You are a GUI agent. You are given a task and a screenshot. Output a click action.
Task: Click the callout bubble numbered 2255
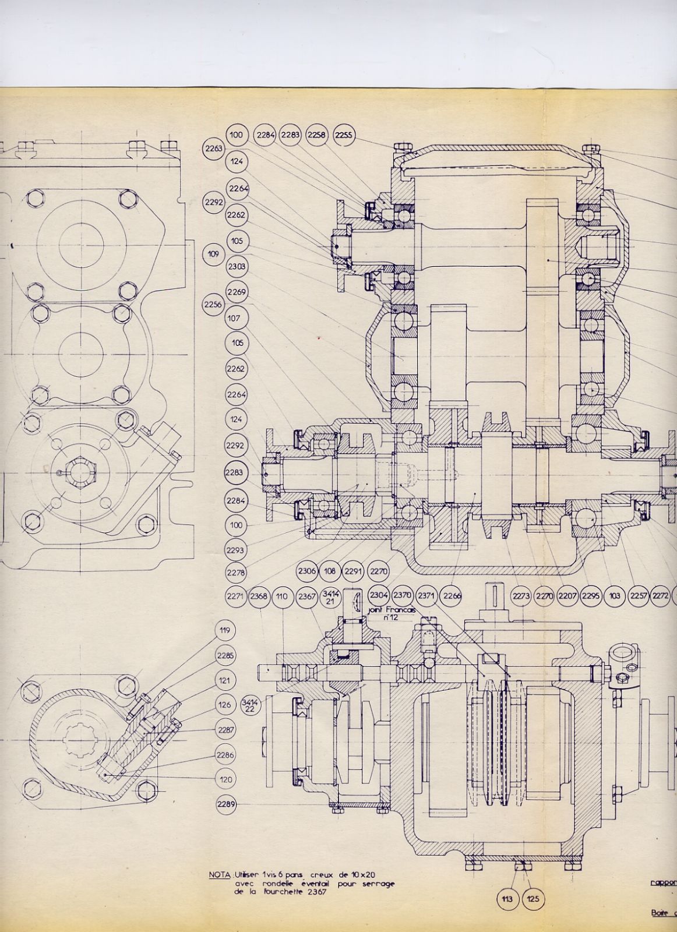[344, 135]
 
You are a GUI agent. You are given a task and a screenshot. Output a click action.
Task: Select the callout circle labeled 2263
[214, 149]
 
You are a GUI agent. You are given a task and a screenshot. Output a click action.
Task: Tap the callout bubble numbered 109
[213, 254]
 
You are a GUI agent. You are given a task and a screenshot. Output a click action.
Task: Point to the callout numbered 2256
[213, 303]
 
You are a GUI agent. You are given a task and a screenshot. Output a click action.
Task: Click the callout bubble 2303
[237, 266]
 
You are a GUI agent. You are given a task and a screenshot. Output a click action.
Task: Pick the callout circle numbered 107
[237, 319]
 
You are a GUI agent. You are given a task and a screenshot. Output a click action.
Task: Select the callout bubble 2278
[236, 573]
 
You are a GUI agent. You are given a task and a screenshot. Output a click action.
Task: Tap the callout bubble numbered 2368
[259, 596]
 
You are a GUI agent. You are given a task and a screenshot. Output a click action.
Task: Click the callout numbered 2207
[567, 596]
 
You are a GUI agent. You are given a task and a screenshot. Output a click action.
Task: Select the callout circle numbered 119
[225, 630]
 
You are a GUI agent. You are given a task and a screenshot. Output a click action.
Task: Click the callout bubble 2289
[225, 804]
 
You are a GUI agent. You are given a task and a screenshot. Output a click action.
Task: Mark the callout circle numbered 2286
[225, 754]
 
